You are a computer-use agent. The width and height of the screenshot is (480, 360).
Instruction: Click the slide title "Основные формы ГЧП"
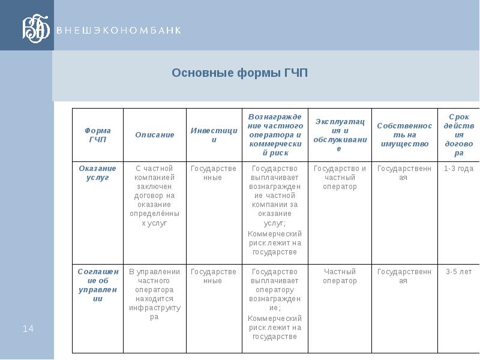[x=239, y=73]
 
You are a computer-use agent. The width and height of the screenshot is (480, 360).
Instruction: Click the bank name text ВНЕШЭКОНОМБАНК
[x=118, y=30]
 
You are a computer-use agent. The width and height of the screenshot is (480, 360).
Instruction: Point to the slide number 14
[x=28, y=328]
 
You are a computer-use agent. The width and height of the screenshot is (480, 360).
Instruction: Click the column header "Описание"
[x=154, y=134]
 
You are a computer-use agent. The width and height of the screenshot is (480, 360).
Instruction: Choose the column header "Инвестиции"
[x=214, y=135]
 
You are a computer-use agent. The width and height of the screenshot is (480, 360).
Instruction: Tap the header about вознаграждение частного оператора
[x=275, y=134]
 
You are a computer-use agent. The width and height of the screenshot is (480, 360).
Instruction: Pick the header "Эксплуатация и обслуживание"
[x=340, y=135]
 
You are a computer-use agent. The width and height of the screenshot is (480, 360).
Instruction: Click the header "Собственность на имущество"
[x=404, y=135]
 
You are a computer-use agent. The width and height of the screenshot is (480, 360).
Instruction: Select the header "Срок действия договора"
[x=458, y=134]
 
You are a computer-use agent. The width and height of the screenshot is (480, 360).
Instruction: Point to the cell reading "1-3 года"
[x=458, y=169]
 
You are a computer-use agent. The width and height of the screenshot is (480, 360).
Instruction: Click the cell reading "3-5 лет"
[x=458, y=272]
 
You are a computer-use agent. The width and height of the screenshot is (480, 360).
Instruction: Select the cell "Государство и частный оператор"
[x=340, y=178]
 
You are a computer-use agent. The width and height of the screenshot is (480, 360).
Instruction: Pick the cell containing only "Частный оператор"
[x=340, y=277]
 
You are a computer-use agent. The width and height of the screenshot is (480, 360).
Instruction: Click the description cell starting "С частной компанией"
[x=154, y=196]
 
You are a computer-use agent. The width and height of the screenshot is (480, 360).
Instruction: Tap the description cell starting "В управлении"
[x=154, y=295]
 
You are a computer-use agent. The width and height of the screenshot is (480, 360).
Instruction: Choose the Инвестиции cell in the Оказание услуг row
[x=214, y=173]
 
